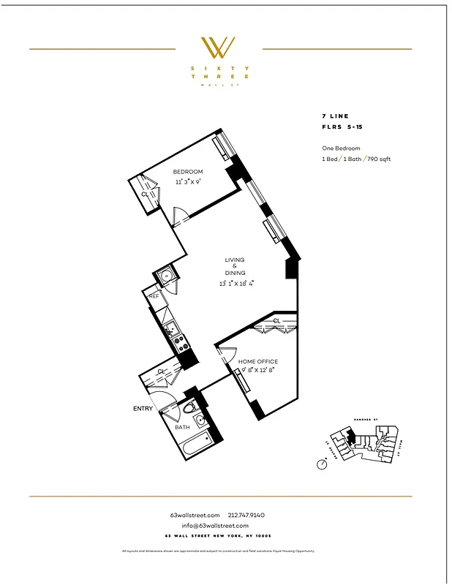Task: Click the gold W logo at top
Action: pos(218,48)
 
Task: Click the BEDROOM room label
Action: pos(188,172)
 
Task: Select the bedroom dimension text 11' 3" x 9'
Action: pos(188,181)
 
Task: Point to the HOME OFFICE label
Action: pos(259,362)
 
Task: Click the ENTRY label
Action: pos(143,409)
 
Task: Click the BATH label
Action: pos(181,427)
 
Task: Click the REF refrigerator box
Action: pos(154,296)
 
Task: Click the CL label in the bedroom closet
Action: pos(145,195)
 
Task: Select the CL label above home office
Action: pos(277,321)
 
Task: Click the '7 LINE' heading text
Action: pos(334,116)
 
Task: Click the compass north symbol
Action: pos(323,464)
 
